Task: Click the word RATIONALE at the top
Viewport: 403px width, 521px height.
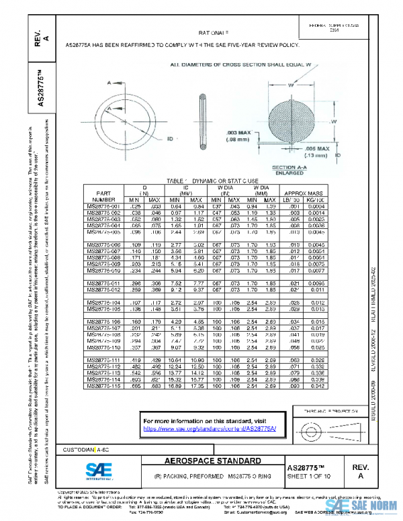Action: point(213,32)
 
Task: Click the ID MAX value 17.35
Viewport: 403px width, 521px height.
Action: point(197,386)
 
